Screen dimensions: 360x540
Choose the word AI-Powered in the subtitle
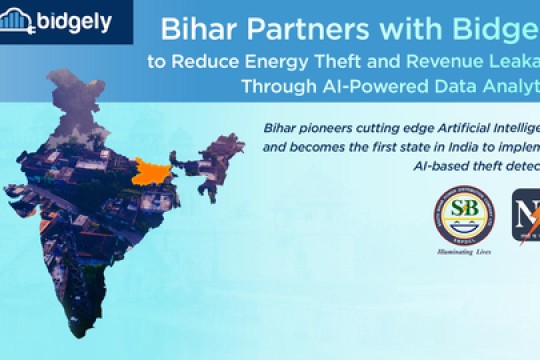pos(367,86)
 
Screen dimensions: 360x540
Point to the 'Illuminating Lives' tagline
pos(463,253)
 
